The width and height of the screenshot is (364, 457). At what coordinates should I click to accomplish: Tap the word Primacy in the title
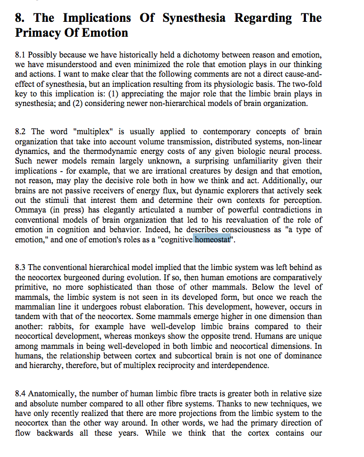click(x=39, y=32)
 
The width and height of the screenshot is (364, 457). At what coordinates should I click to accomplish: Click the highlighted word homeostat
click(x=213, y=239)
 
